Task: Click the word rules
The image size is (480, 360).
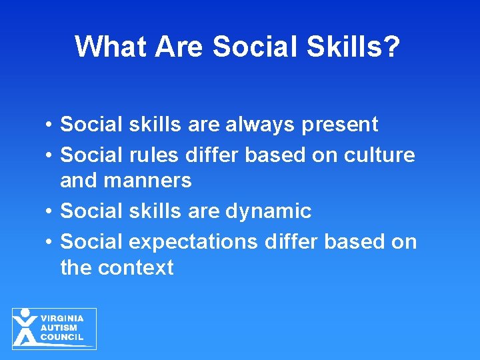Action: point(155,155)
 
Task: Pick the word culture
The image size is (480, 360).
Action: point(379,155)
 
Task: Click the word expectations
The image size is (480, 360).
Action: point(194,241)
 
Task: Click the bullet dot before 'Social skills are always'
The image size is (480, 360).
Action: point(50,125)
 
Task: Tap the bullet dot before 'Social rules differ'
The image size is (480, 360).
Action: point(50,156)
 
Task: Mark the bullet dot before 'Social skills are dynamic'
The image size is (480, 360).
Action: point(50,212)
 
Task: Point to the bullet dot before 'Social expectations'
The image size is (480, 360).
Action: point(50,241)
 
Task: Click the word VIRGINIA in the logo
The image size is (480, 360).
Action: point(62,319)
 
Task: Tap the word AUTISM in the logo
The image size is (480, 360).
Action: point(59,328)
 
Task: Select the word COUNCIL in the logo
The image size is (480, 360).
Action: point(62,337)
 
